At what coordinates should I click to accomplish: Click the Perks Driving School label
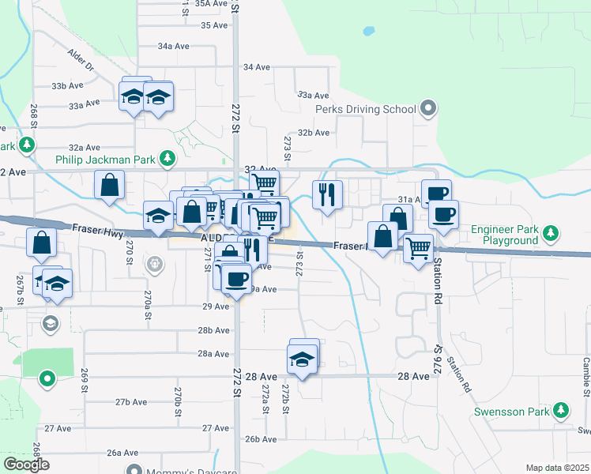click(x=366, y=109)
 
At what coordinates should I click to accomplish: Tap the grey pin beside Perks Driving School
click(x=429, y=108)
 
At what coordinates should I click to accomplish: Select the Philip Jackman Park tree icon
click(x=167, y=159)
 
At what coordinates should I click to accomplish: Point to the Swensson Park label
click(x=512, y=412)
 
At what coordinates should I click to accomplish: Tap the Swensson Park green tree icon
click(x=561, y=410)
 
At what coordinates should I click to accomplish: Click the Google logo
click(x=26, y=465)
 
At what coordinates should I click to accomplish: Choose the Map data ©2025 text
click(x=557, y=468)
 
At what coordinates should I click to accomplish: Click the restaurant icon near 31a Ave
click(x=327, y=194)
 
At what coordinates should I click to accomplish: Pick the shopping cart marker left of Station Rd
click(x=418, y=248)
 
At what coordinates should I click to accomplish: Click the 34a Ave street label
click(x=173, y=47)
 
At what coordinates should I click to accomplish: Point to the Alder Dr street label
click(x=81, y=60)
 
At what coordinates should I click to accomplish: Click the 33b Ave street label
click(x=68, y=85)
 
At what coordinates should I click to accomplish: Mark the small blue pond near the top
click(x=368, y=33)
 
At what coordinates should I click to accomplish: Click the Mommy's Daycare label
click(x=190, y=471)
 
